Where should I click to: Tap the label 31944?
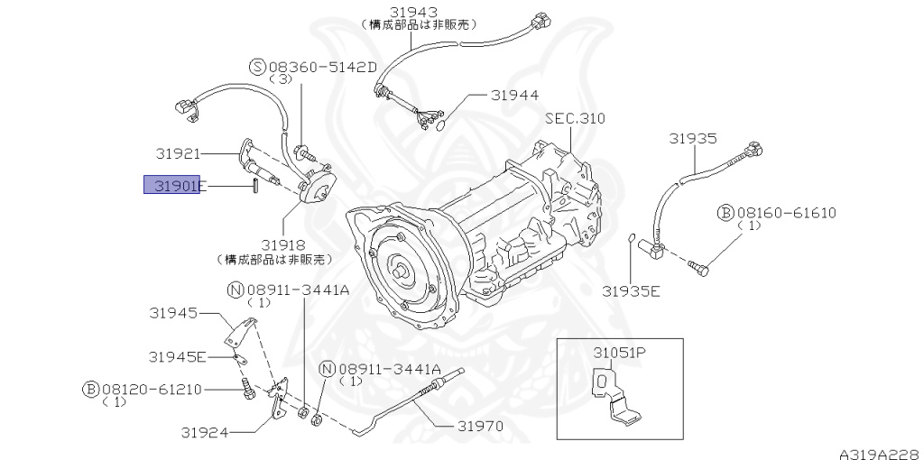[514, 95]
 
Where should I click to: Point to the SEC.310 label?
[575, 118]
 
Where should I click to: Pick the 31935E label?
[631, 290]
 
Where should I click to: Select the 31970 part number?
[479, 426]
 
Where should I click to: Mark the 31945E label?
[178, 356]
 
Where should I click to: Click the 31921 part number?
[177, 154]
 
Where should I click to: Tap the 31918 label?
[283, 244]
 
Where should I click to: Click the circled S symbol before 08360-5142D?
[257, 66]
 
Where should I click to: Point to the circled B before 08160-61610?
[725, 213]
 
